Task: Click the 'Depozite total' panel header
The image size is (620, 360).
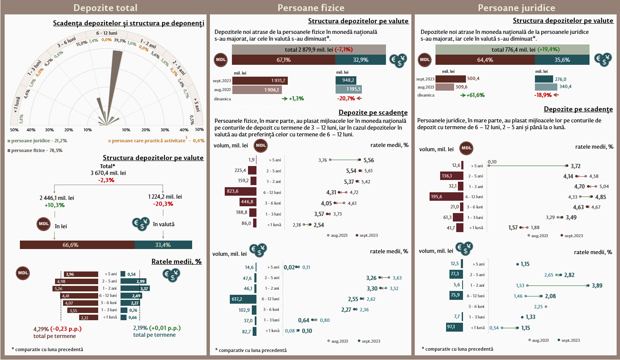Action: tap(105, 8)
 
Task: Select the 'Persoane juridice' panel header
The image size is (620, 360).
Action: tap(516, 8)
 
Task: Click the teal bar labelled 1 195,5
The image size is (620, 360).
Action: tap(348, 89)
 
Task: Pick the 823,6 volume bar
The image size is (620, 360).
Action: tap(240, 191)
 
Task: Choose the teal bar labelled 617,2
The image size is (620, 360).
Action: tap(243, 299)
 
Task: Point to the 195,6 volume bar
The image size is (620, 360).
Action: tap(446, 197)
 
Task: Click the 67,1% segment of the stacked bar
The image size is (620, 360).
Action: tap(283, 60)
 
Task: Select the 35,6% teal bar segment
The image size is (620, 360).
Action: tap(562, 60)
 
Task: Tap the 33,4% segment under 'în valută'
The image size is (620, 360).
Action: tap(163, 245)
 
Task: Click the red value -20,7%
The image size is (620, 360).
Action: tap(346, 98)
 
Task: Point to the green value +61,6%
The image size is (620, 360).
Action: tap(475, 95)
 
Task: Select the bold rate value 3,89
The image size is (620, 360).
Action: tap(597, 285)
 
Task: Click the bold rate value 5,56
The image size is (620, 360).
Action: tap(368, 160)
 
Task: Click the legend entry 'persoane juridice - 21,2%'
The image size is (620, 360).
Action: tap(39, 141)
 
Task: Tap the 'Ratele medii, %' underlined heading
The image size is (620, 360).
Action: tap(176, 261)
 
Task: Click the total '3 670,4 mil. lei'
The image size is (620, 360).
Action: tap(108, 173)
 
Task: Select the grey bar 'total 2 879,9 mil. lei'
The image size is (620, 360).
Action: tap(309, 50)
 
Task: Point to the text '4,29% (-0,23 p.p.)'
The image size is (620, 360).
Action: tap(57, 328)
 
